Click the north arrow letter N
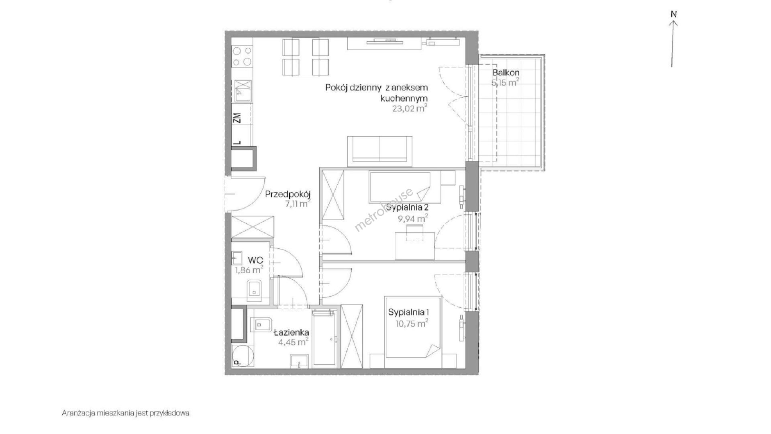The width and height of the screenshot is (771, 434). [674, 14]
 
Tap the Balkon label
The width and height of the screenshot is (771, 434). [506, 73]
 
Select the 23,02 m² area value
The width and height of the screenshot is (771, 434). [410, 108]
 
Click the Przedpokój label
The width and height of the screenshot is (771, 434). [288, 195]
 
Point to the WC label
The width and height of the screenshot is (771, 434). [255, 260]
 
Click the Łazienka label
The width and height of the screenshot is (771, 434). [292, 332]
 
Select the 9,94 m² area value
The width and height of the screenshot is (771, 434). [412, 219]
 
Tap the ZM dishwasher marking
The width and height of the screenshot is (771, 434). [237, 118]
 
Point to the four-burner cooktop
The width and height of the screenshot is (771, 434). [243, 56]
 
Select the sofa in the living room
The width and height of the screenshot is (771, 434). [379, 151]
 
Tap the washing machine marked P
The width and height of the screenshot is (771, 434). [243, 356]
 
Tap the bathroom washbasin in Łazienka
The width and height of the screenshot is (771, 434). [300, 361]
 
